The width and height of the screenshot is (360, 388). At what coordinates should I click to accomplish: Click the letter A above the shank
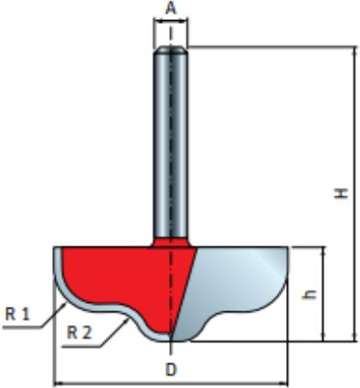pos(171,8)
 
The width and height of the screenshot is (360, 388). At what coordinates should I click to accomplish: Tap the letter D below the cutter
pos(171,371)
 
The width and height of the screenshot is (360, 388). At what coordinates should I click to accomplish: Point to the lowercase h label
pos(310,294)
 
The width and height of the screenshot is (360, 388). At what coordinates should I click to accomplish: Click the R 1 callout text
pos(17,314)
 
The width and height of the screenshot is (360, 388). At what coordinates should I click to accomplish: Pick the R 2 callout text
pos(79,332)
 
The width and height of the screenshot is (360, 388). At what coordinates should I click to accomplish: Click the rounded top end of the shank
pos(171,48)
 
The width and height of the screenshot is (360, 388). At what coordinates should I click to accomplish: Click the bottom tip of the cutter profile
pos(171,341)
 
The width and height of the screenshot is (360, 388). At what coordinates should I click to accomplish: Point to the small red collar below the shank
pos(171,242)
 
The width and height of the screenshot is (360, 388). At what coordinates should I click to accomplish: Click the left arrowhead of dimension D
pos(57,383)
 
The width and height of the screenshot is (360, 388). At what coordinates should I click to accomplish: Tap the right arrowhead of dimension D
pos(284,383)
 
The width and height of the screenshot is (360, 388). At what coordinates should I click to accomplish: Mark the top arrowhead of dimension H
pos(355,50)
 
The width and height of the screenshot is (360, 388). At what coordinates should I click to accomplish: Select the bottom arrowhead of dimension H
pos(355,337)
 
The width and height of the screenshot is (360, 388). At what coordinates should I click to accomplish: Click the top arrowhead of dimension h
pos(323,251)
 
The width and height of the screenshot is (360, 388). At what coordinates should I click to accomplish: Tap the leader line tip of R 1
pos(66,303)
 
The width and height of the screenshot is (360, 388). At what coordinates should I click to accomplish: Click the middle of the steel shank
pos(171,143)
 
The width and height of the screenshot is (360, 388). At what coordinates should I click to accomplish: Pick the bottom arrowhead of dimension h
pos(323,337)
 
